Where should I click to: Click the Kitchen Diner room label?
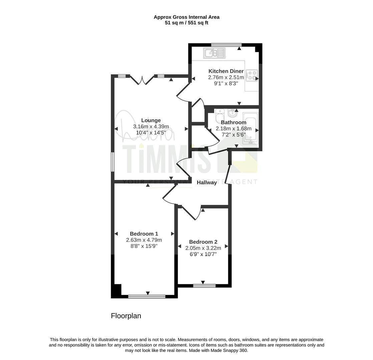tap(226, 71)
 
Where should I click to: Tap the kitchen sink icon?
tap(214, 53)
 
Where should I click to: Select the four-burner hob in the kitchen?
tap(252, 75)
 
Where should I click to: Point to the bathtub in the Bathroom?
tap(250, 128)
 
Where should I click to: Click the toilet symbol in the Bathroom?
tap(220, 116)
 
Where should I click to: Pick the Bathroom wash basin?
tap(232, 113)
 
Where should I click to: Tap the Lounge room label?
tap(151, 120)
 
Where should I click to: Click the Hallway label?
tap(207, 182)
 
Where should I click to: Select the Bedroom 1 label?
tap(144, 234)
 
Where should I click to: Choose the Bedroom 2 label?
tap(203, 242)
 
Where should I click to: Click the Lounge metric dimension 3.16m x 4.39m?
tap(151, 126)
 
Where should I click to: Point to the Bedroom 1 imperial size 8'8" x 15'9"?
tap(144, 246)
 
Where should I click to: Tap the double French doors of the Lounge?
tap(142, 80)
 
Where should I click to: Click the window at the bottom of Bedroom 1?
tap(147, 296)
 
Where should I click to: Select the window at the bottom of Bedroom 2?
tap(205, 286)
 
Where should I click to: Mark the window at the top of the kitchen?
tap(227, 45)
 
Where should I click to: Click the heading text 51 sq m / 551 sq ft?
tap(186, 23)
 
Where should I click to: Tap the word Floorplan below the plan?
tap(126, 316)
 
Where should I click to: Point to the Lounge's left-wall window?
tap(113, 162)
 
